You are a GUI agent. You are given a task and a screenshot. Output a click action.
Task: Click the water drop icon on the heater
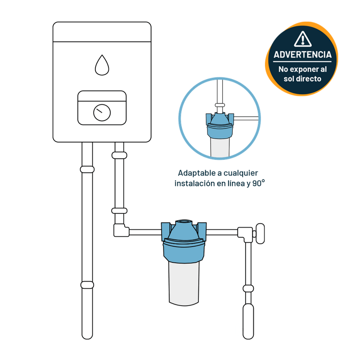[102, 65]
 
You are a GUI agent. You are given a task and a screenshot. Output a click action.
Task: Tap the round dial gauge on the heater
[102, 113]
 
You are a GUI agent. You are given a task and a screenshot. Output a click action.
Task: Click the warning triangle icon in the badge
[302, 39]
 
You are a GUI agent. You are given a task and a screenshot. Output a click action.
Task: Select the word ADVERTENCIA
[302, 54]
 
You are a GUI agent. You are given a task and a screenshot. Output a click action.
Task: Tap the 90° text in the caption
[259, 183]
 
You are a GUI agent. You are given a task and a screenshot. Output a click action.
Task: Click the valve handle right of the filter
[261, 234]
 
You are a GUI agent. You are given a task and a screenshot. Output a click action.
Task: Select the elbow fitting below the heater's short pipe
[121, 230]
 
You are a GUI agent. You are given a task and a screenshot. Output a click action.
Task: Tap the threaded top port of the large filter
[184, 222]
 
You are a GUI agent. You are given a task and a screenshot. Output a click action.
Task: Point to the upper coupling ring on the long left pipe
[87, 170]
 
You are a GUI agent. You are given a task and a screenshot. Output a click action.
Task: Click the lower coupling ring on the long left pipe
[87, 285]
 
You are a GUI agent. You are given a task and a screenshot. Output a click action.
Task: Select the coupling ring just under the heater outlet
[119, 155]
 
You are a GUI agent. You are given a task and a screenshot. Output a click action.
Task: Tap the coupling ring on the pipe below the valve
[248, 288]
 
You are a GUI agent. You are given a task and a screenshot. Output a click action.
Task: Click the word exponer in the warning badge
[302, 69]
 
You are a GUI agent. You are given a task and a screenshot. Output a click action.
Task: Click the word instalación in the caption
[194, 184]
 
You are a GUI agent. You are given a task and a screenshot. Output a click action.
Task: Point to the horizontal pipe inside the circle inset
[246, 118]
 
